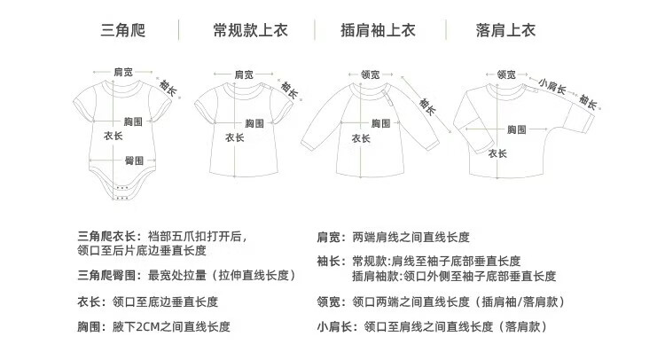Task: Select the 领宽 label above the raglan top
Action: (x=370, y=75)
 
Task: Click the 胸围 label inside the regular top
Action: (x=255, y=122)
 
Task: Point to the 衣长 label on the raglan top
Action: (x=362, y=138)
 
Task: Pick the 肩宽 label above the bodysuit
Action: (x=123, y=70)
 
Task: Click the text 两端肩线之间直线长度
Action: (x=411, y=237)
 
